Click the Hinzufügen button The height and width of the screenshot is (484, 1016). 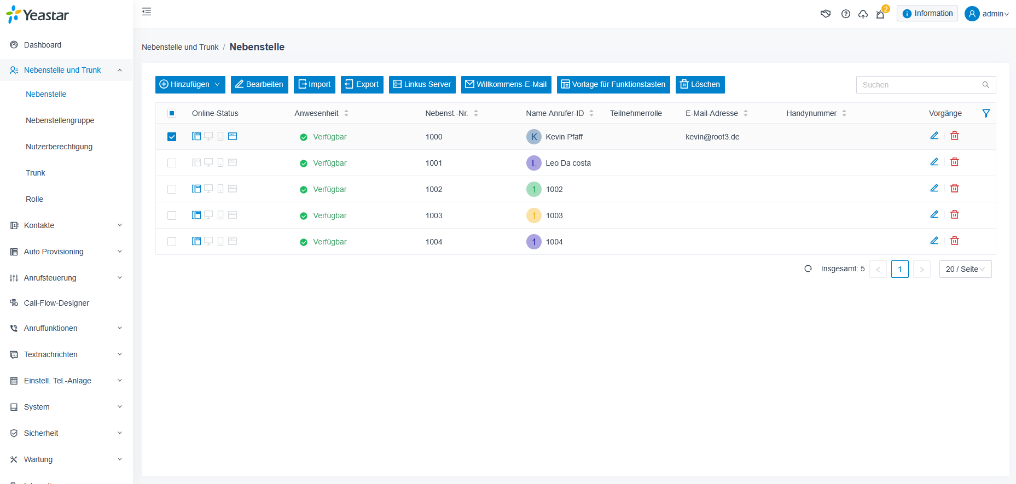coord(190,84)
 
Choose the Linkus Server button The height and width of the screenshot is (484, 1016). coord(422,84)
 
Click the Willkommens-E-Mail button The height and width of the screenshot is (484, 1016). coord(506,84)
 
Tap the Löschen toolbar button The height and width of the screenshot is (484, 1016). coord(700,84)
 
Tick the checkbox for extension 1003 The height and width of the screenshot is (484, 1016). coord(172,215)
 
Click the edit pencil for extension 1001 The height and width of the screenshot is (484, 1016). coord(934,162)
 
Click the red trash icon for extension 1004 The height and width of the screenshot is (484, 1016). coord(955,241)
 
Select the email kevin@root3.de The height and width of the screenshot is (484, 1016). coord(712,137)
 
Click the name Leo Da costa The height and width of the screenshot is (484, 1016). coord(568,163)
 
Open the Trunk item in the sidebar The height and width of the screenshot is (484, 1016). coord(36,173)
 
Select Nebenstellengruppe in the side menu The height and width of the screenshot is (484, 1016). coord(60,120)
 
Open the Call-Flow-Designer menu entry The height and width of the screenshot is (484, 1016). coord(56,303)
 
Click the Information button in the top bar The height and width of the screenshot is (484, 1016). coord(927,14)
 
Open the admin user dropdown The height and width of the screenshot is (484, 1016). coord(987,14)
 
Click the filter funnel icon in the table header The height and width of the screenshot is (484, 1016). coord(986,113)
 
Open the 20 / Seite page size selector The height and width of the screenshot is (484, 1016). coord(965,269)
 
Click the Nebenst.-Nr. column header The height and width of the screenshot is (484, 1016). coord(446,113)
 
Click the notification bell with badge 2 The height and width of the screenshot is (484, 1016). coord(880,14)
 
